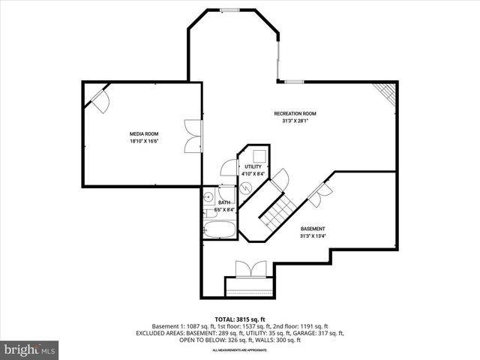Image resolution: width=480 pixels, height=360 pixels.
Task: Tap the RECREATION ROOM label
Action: pyautogui.click(x=304, y=113)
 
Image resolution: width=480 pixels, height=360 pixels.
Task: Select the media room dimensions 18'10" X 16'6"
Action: pyautogui.click(x=144, y=140)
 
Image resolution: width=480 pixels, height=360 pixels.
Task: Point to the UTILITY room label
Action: pyautogui.click(x=253, y=166)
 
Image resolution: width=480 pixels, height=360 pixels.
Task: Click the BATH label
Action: pyautogui.click(x=224, y=202)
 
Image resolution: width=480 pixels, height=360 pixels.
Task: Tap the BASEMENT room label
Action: pyautogui.click(x=313, y=229)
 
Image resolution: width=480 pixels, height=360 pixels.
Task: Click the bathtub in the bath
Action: pyautogui.click(x=219, y=226)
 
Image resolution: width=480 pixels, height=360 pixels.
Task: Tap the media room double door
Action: pyautogui.click(x=196, y=132)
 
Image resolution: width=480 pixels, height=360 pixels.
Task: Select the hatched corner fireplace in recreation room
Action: pyautogui.click(x=386, y=93)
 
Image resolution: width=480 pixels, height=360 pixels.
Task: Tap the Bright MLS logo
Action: pyautogui.click(x=30, y=349)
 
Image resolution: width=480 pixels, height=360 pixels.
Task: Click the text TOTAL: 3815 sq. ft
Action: pyautogui.click(x=239, y=319)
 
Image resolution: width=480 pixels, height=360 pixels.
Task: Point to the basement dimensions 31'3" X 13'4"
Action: pyautogui.click(x=313, y=235)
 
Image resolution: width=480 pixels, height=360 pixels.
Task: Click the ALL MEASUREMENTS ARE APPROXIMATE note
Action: pyautogui.click(x=239, y=350)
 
